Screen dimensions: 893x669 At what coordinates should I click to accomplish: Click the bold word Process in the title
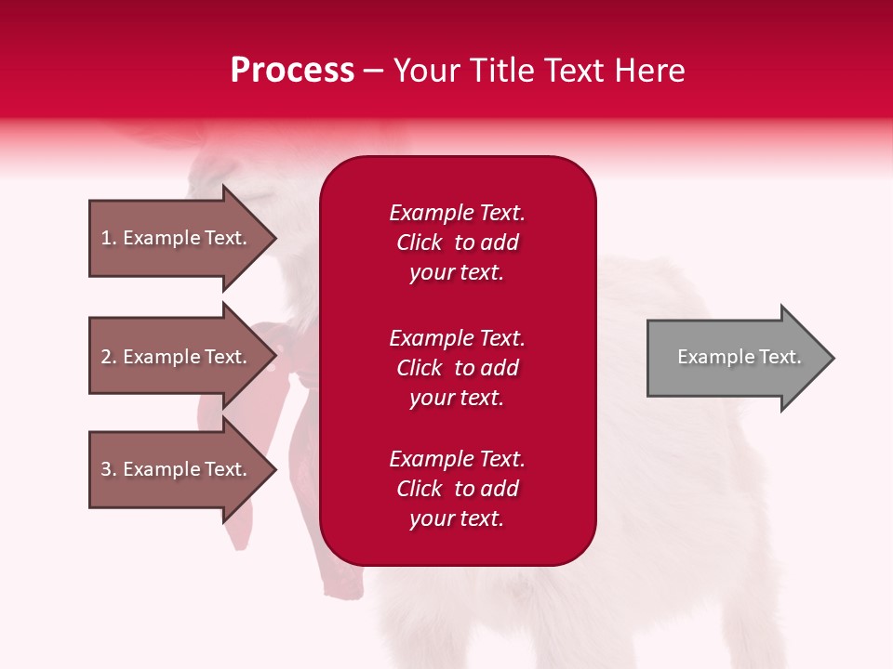coord(293,71)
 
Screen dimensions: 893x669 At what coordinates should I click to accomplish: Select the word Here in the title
coord(650,71)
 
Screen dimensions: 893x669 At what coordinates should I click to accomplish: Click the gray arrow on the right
coord(741,358)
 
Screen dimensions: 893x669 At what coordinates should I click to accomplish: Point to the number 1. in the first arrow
coord(109,238)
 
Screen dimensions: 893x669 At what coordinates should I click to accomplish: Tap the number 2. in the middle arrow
coord(109,357)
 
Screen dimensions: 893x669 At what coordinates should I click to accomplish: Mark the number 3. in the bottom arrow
coord(109,468)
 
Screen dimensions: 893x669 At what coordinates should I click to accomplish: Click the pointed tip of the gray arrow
coord(834,358)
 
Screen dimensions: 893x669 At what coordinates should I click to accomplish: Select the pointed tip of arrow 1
coord(276,238)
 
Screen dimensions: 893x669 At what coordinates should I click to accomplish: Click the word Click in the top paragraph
coord(420,243)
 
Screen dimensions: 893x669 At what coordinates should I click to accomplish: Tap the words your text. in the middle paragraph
coord(457,399)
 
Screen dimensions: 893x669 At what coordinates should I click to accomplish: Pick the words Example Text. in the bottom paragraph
coord(458,458)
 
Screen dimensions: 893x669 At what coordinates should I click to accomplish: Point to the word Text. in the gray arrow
coord(780,357)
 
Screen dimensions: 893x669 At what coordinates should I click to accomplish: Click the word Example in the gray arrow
coord(716,357)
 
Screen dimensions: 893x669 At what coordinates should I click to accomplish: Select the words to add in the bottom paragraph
coord(486,489)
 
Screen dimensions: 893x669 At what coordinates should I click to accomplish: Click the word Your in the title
coord(427,71)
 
